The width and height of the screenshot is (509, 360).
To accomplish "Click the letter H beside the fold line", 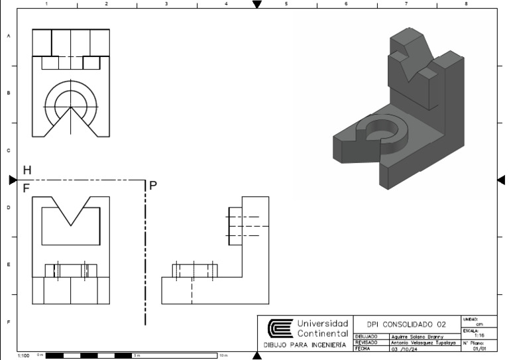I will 27,171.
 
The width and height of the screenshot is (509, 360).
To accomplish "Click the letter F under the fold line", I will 27,188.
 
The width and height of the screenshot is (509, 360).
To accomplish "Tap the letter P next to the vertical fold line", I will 153,186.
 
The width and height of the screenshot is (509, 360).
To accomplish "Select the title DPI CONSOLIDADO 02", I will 406,325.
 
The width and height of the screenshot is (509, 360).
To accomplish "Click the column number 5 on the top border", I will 286,3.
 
